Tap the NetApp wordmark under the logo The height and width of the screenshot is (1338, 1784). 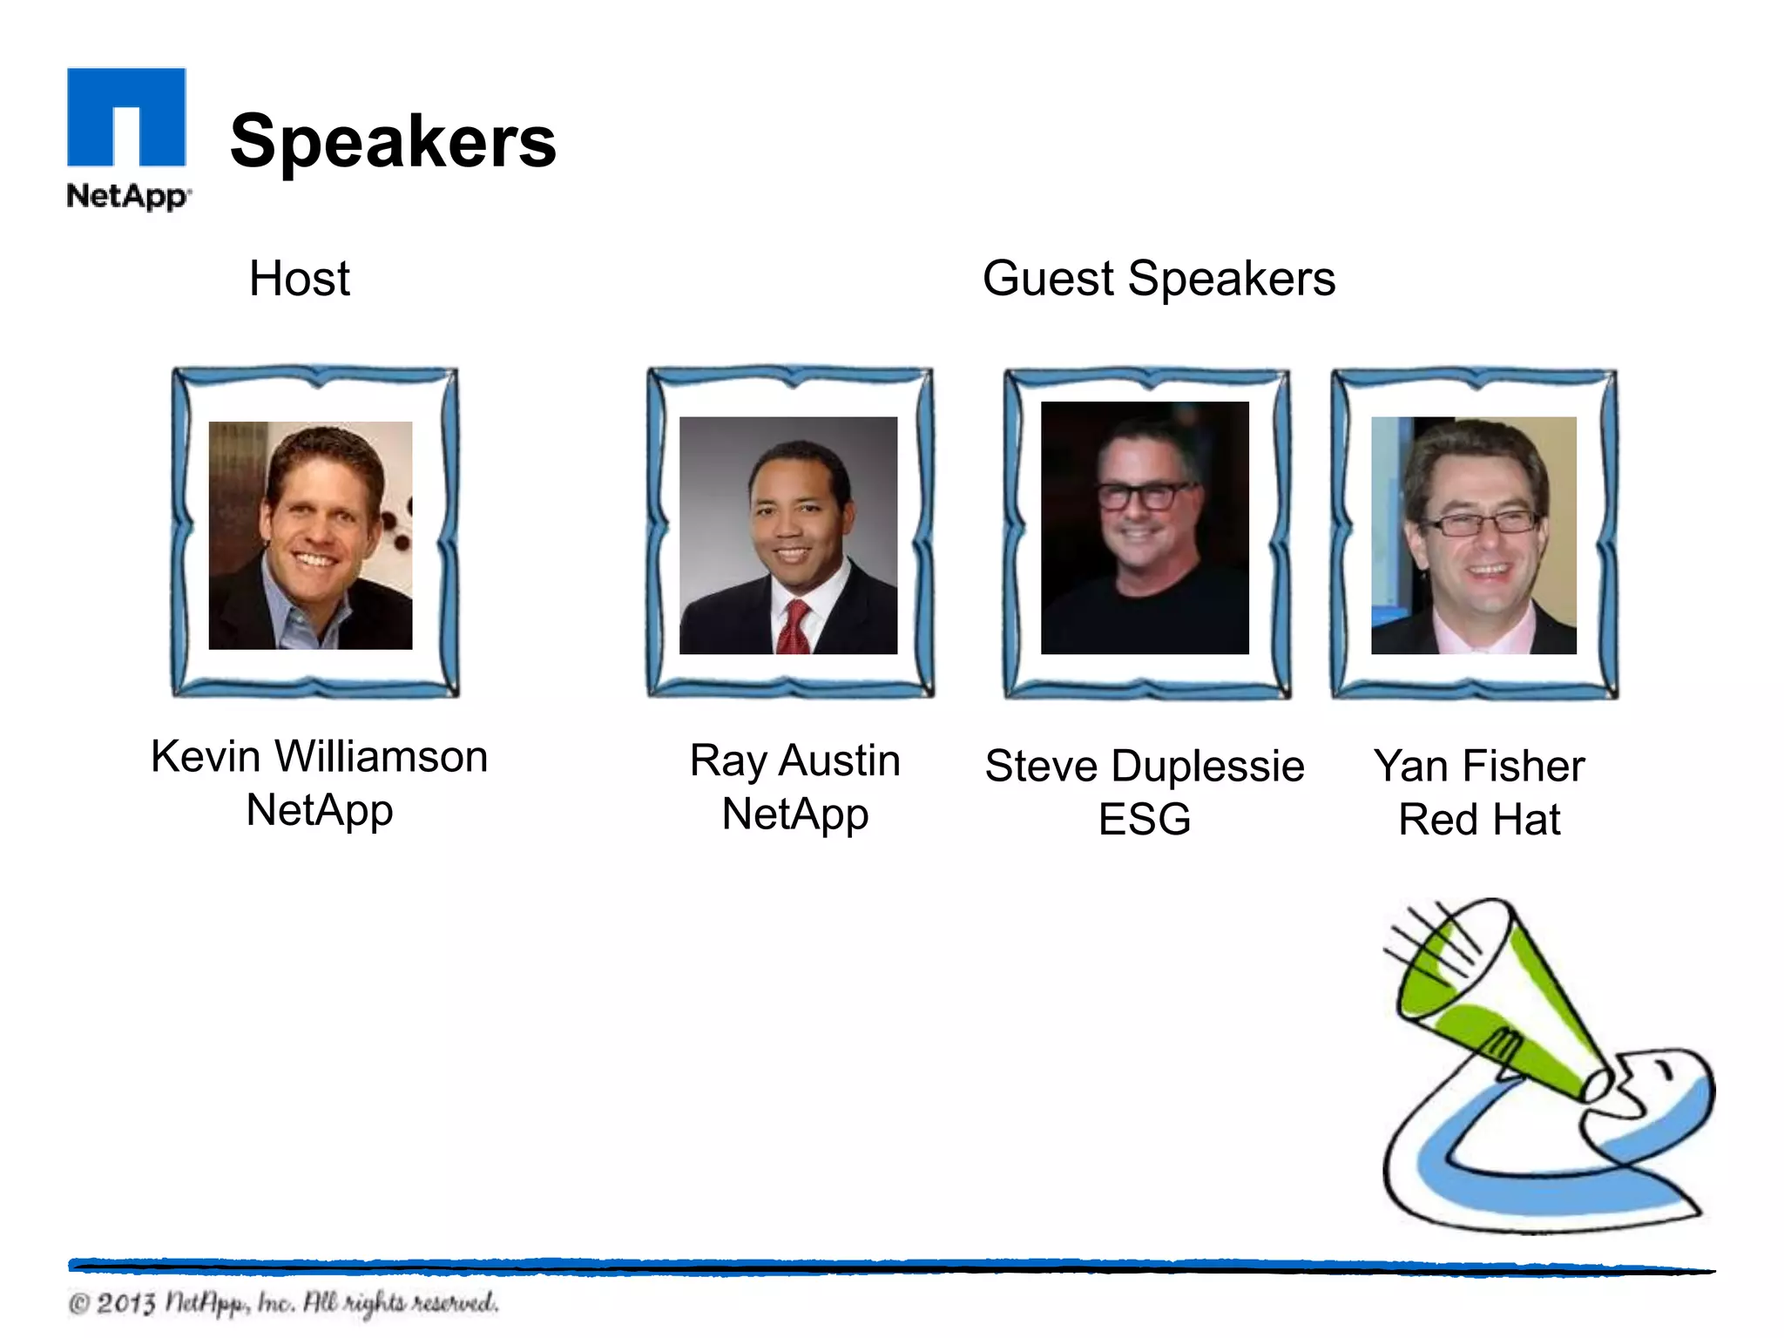coord(127,196)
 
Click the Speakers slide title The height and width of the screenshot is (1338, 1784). coord(393,141)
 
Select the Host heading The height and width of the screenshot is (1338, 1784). coord(299,279)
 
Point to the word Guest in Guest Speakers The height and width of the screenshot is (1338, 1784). coord(1048,279)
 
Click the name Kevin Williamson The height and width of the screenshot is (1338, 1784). coord(319,756)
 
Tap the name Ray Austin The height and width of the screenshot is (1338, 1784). coord(794,760)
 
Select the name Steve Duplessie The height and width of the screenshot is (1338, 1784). coord(1144,767)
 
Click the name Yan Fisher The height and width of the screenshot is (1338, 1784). coord(1478,767)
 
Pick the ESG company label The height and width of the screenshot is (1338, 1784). coord(1144,820)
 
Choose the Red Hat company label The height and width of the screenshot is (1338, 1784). coord(1478,820)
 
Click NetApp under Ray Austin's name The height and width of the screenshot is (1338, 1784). coord(794,814)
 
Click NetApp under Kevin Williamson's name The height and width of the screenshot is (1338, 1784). coord(319,810)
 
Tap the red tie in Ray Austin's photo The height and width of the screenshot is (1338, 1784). coord(794,627)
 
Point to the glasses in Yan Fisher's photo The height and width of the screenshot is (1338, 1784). coord(1478,524)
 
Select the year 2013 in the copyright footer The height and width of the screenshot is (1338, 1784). coord(126,1304)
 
